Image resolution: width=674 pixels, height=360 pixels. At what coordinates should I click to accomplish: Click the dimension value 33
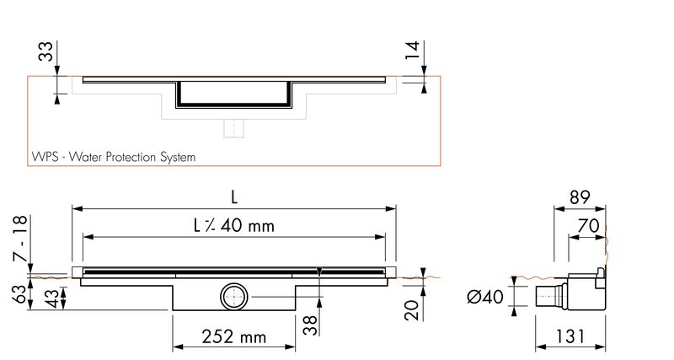[x=45, y=51]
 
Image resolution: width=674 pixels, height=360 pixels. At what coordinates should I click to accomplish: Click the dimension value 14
[x=412, y=51]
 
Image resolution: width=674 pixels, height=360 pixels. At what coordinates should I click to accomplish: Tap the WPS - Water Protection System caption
[x=114, y=157]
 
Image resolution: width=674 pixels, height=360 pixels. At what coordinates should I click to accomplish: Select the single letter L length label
[x=234, y=197]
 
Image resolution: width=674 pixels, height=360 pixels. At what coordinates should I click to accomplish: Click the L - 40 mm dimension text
[x=234, y=225]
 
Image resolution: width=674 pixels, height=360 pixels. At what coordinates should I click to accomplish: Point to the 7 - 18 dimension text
[x=20, y=239]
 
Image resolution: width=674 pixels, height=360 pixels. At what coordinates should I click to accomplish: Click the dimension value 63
[x=20, y=294]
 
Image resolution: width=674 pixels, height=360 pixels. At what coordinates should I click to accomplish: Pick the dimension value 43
[x=51, y=298]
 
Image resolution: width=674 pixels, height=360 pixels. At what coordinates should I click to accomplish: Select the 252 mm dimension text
[x=234, y=336]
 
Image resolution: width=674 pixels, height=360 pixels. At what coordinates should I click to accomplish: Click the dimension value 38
[x=309, y=325]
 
